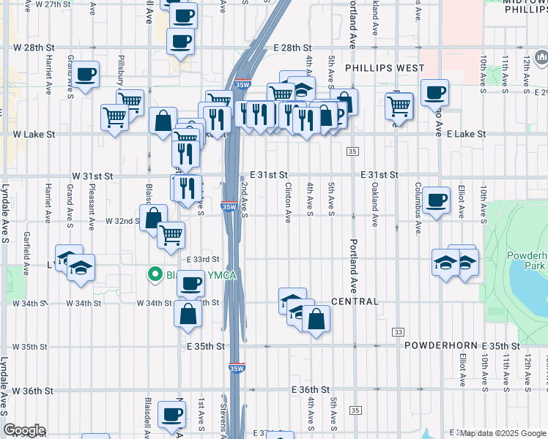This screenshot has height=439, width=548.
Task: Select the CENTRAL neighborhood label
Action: (x=355, y=301)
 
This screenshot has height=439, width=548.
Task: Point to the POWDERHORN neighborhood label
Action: (x=440, y=345)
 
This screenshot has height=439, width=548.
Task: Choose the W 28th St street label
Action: (x=34, y=48)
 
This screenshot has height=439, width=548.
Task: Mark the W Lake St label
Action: (x=34, y=135)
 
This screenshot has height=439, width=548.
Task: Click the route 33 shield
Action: (x=399, y=331)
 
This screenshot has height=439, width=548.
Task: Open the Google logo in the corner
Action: (x=23, y=430)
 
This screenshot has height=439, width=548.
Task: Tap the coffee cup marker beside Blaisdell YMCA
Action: (x=190, y=282)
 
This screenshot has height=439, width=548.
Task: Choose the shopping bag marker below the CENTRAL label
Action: (x=316, y=320)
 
